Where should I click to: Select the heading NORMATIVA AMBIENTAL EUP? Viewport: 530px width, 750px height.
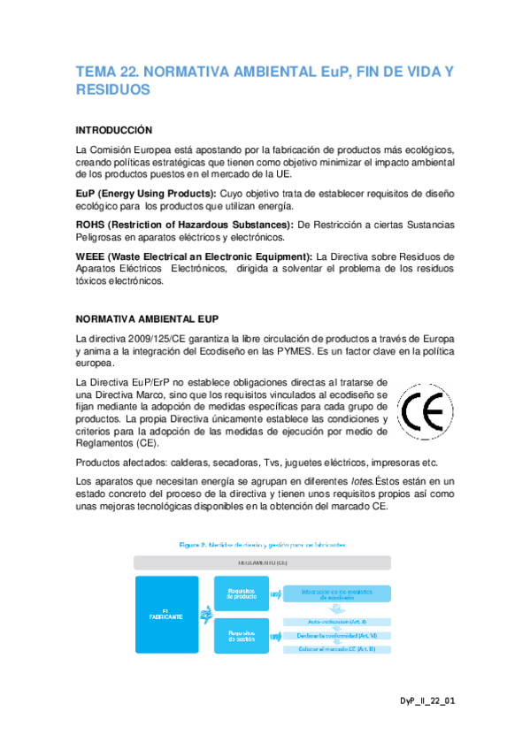click(148, 318)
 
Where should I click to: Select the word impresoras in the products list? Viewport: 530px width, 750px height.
click(395, 463)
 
